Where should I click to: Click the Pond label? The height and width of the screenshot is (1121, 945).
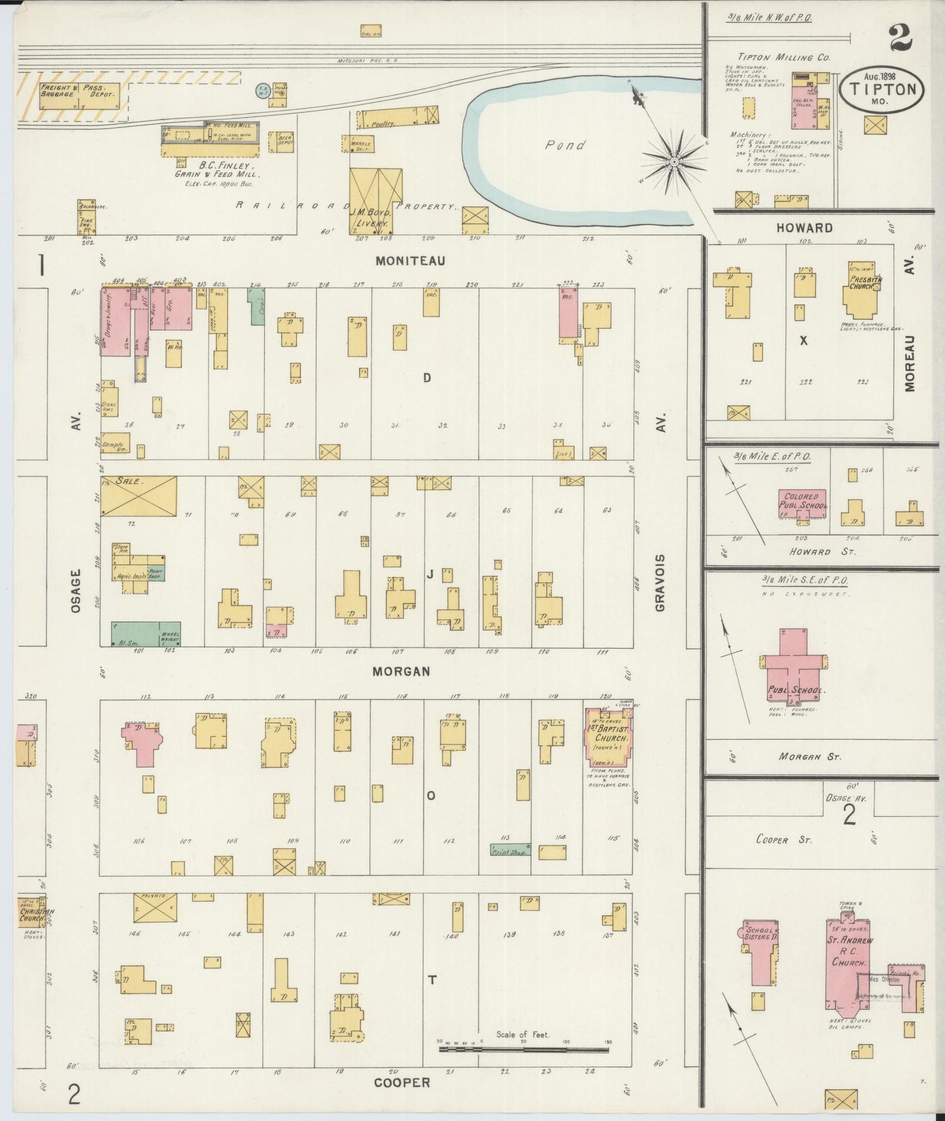566,145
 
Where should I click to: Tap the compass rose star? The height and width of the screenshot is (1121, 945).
674,161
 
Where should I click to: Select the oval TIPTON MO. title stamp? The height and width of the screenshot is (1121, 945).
882,90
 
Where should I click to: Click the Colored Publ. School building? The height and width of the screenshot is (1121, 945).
802,502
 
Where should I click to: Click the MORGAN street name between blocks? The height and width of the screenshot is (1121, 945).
402,672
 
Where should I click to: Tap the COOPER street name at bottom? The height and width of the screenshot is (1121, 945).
402,1083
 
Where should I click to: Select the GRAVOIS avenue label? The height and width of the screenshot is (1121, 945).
661,583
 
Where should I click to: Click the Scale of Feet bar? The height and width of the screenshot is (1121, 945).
523,1050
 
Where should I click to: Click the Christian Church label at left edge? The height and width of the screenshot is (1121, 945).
31,914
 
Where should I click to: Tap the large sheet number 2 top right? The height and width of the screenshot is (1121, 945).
901,37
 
